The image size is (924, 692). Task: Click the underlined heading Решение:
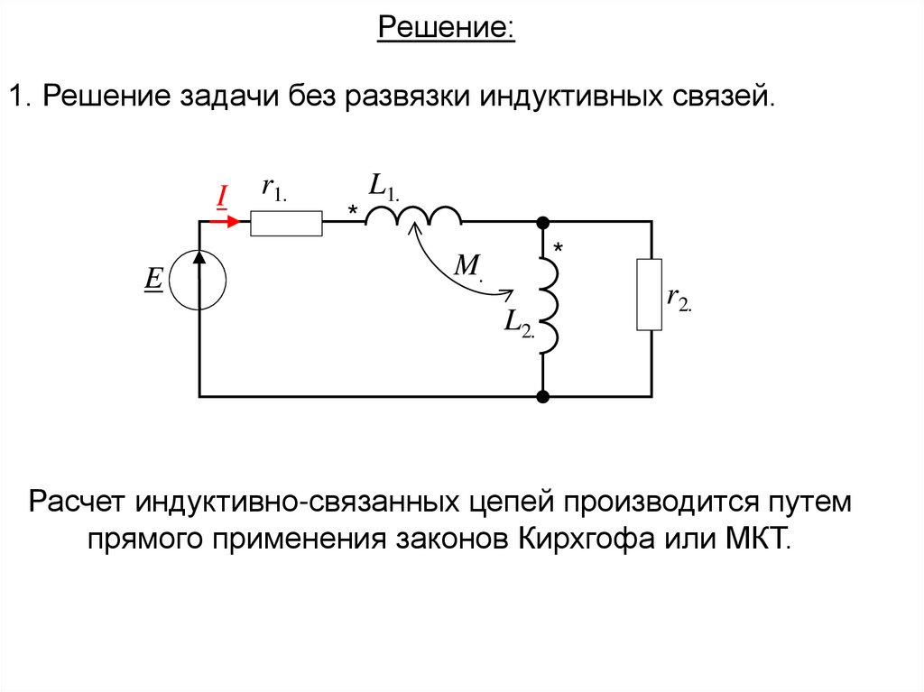[x=446, y=28]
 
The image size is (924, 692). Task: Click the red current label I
[x=220, y=194]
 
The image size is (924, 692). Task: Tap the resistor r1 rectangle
[x=286, y=223]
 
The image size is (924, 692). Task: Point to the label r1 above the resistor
[x=273, y=189]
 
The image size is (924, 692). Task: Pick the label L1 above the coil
[x=383, y=185]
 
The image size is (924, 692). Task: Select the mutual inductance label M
[x=467, y=265]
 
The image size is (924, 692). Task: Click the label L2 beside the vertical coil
[x=519, y=323]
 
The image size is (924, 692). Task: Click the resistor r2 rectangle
[x=649, y=294]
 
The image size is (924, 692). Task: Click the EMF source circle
[x=199, y=280]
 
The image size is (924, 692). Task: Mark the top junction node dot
[x=543, y=221]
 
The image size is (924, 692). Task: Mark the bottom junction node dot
[x=543, y=396]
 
